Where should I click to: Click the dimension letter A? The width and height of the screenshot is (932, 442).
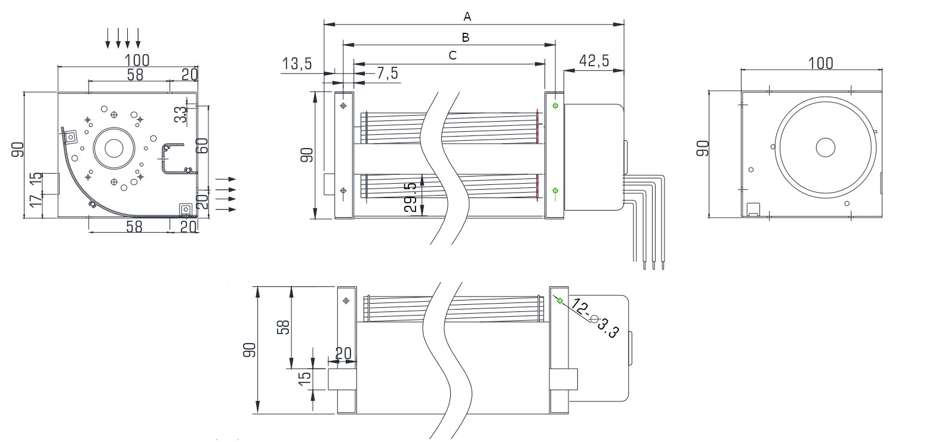pyautogui.click(x=467, y=16)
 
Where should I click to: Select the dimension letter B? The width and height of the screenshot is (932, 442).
pyautogui.click(x=466, y=37)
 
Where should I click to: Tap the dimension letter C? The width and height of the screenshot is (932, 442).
pyautogui.click(x=453, y=55)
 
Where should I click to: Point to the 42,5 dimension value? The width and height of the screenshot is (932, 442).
pyautogui.click(x=594, y=60)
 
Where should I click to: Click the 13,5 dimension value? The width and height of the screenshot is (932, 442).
pyautogui.click(x=297, y=64)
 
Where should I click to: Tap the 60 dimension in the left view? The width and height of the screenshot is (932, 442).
pyautogui.click(x=204, y=146)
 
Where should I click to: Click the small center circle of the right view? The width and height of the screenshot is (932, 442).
pyautogui.click(x=825, y=147)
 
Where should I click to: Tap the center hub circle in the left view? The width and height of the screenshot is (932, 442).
pyautogui.click(x=113, y=148)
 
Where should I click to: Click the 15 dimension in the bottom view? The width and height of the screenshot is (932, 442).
pyautogui.click(x=304, y=377)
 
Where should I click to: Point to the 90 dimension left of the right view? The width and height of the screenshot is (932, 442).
pyautogui.click(x=703, y=148)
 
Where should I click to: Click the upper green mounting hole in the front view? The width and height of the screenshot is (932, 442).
pyautogui.click(x=555, y=106)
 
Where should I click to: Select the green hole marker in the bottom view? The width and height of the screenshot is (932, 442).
pyautogui.click(x=559, y=301)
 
